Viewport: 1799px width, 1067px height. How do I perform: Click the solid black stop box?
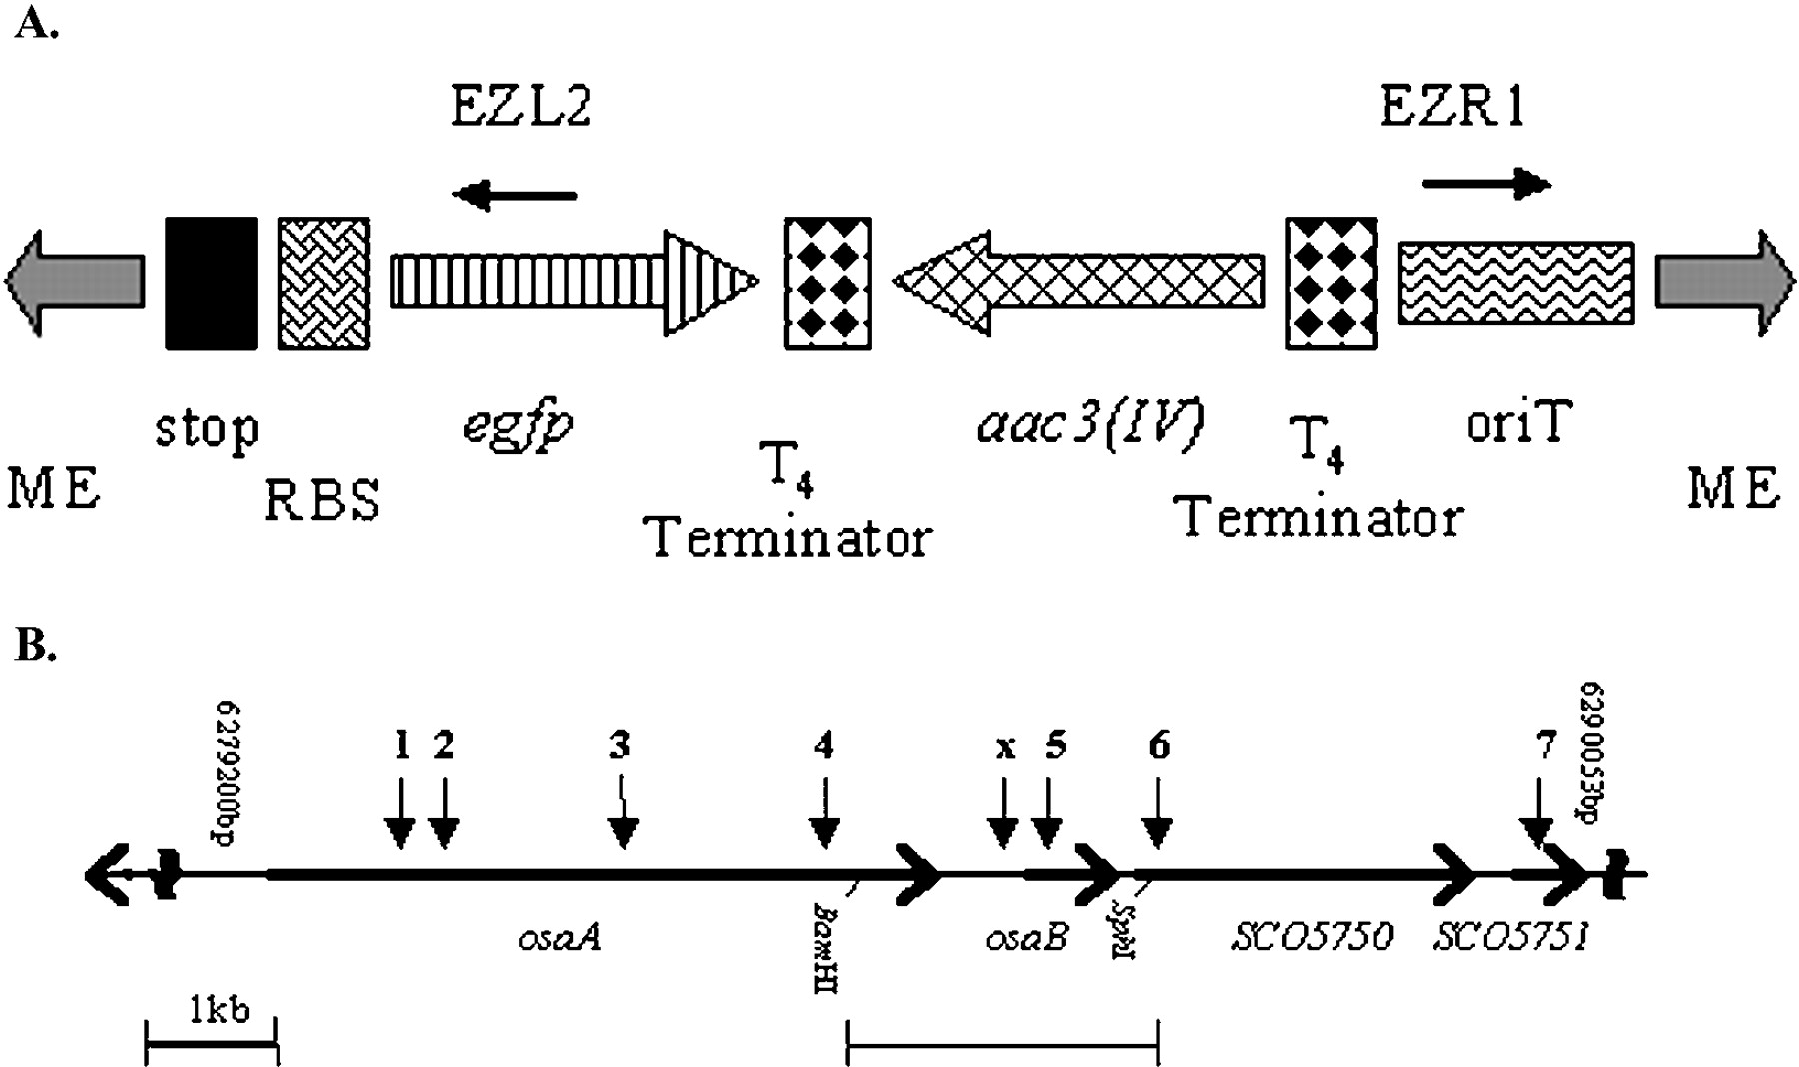[211, 283]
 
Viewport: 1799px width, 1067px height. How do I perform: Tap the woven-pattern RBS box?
[323, 283]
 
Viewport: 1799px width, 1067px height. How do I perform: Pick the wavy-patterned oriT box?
[1515, 283]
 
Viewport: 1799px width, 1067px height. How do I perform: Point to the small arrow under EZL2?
[514, 195]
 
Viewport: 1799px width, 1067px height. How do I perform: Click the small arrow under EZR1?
[1485, 184]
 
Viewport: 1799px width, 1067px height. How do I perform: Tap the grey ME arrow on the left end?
[75, 282]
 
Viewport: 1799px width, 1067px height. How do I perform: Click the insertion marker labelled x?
[1005, 748]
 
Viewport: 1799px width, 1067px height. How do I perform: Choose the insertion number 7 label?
[1546, 745]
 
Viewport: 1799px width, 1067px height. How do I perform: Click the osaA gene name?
[561, 938]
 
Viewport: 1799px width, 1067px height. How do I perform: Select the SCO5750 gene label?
[1311, 938]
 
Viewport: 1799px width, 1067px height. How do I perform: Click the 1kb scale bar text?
[219, 1010]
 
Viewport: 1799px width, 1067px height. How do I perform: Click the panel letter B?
[36, 648]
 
